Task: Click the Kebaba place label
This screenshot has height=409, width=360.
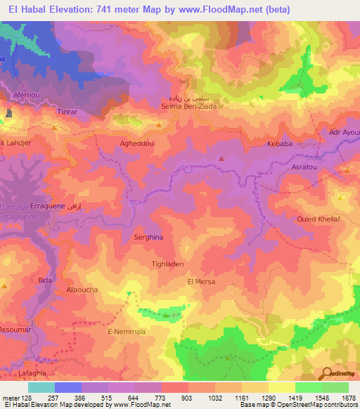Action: click(279, 143)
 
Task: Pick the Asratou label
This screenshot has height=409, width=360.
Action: click(304, 167)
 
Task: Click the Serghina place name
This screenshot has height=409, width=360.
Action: click(148, 238)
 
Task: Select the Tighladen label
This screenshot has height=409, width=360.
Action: click(167, 265)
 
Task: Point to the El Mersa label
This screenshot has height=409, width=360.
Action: click(200, 282)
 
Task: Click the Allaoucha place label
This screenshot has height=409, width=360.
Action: click(82, 290)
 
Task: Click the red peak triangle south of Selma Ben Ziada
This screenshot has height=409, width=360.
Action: click(221, 158)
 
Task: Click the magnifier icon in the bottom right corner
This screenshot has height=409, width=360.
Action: click(326, 374)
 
